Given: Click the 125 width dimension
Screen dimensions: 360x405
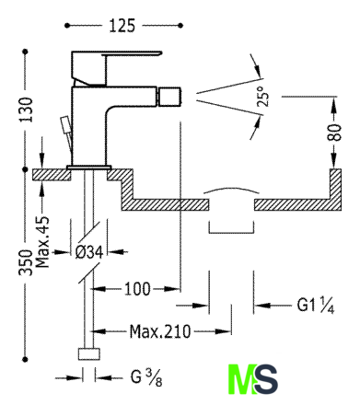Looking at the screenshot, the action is [122, 26].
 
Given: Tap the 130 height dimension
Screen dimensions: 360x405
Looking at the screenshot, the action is [26, 110].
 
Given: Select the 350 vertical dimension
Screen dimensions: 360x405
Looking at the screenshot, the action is [26, 262].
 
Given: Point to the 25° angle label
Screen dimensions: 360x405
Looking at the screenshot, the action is [263, 97].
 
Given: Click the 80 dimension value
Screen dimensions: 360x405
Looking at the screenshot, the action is [334, 133].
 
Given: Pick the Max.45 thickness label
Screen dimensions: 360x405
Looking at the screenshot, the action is [42, 242].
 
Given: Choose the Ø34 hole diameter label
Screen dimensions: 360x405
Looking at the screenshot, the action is [89, 252].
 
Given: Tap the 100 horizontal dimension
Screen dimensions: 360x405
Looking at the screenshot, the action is [137, 289].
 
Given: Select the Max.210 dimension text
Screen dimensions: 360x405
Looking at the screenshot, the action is [160, 331].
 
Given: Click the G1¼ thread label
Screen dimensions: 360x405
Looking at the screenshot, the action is [316, 305].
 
